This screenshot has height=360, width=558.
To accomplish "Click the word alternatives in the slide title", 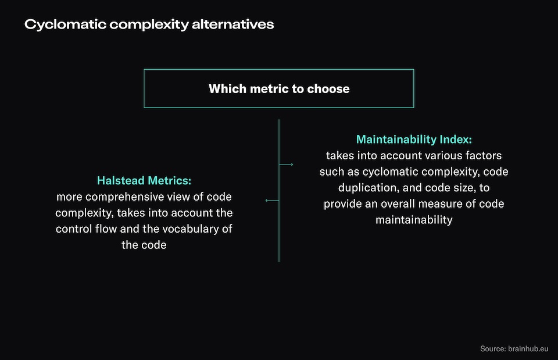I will pos(235,25).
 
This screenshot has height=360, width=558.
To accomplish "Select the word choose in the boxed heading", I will pos(330,89).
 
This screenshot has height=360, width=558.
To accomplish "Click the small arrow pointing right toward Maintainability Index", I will pos(287,165).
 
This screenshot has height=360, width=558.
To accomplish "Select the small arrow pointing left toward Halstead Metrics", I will pos(271,200).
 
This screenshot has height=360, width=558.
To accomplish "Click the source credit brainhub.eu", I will pos(528,348).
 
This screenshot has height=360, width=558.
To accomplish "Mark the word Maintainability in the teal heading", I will pos(396,140).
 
